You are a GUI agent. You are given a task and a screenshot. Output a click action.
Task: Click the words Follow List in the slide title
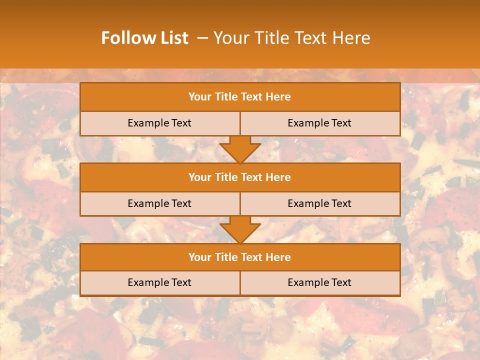(x=144, y=38)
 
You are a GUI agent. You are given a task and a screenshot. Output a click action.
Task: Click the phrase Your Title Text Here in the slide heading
(x=291, y=38)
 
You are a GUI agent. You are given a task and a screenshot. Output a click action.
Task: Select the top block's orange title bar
(x=240, y=97)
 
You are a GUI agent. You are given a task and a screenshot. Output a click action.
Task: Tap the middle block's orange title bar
(x=240, y=177)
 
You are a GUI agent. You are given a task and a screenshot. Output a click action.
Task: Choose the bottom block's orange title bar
(x=240, y=257)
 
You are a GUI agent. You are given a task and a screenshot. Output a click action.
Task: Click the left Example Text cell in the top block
(x=159, y=123)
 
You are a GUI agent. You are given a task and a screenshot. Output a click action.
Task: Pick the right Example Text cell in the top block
(x=320, y=123)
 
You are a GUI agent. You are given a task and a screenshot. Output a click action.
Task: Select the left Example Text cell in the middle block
(x=159, y=203)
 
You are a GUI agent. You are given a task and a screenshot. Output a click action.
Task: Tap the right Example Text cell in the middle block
(x=320, y=203)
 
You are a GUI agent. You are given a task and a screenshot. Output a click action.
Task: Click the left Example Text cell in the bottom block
(x=159, y=282)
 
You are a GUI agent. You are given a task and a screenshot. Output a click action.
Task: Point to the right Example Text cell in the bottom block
(x=320, y=282)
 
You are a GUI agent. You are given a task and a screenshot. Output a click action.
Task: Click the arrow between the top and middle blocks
(x=240, y=149)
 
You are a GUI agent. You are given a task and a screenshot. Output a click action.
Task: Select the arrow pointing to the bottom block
(x=240, y=229)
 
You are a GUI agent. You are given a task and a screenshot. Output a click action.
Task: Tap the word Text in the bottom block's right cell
(x=340, y=282)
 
